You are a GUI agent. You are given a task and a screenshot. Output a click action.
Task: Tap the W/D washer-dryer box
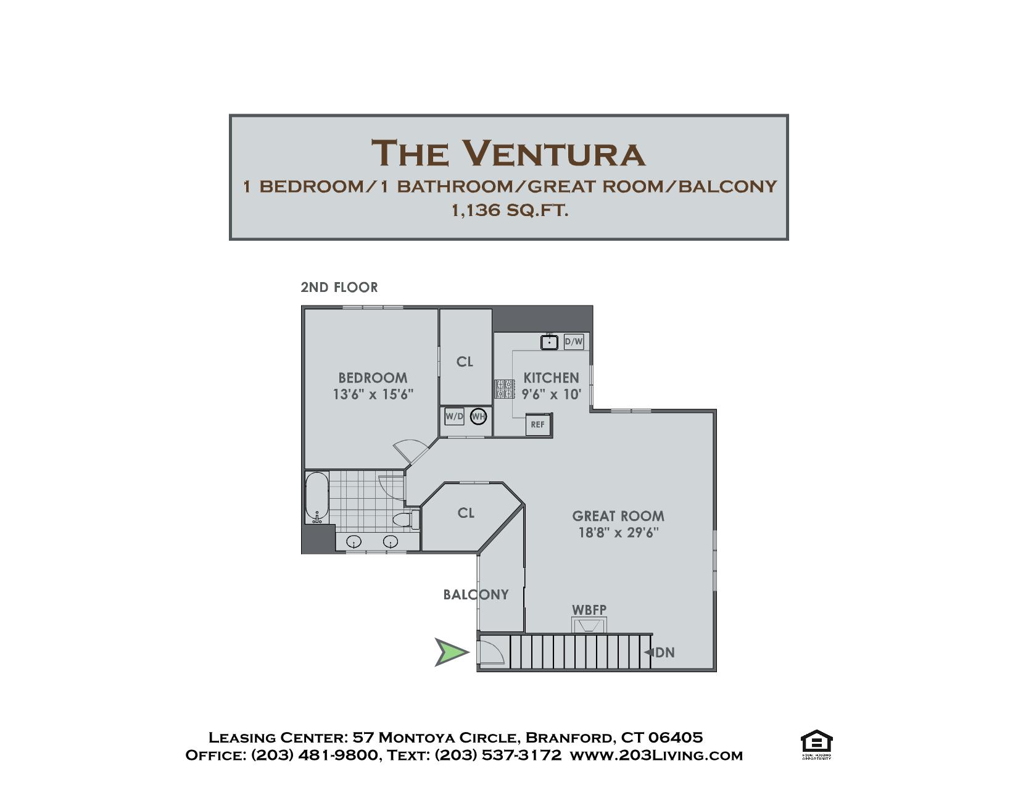click(x=454, y=416)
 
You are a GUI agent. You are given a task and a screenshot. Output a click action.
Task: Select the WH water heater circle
click(x=478, y=416)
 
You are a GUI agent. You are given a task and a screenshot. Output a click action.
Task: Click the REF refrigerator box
click(x=538, y=425)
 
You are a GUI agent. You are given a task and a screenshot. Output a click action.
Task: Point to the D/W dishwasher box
click(x=574, y=342)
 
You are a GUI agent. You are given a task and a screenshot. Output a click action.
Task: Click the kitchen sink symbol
click(x=549, y=342)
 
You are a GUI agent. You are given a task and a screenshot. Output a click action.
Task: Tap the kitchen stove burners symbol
click(x=505, y=389)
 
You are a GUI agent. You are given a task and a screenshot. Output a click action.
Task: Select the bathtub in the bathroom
click(x=317, y=498)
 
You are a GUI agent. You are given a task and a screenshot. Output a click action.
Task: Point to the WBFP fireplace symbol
click(x=589, y=625)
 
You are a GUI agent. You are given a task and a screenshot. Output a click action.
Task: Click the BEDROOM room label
click(x=373, y=378)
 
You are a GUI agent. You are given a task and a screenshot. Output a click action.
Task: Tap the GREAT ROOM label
click(x=618, y=516)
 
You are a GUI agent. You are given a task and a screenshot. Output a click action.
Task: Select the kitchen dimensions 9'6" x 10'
click(x=552, y=394)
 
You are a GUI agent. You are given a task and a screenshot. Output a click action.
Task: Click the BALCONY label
click(x=476, y=594)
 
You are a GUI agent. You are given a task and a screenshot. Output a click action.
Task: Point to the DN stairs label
click(x=664, y=652)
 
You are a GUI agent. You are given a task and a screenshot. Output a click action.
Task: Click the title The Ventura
click(x=509, y=153)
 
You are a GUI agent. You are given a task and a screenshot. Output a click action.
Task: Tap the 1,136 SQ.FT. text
click(x=510, y=210)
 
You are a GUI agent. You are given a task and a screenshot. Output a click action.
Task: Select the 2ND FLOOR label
click(x=339, y=288)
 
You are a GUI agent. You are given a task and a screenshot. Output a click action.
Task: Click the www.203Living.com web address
click(x=656, y=756)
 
